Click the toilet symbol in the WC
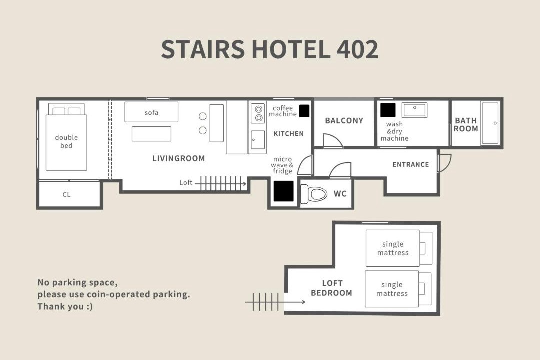[313, 194]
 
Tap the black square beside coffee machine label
[304, 111]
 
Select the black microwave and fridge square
[284, 191]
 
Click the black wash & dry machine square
[388, 110]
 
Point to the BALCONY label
[344, 121]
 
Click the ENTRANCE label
[411, 164]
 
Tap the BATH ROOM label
[466, 124]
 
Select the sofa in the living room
[151, 112]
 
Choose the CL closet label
[66, 194]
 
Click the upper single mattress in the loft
[393, 248]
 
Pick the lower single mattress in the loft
[392, 289]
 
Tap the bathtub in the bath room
[490, 123]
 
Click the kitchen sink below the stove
[258, 140]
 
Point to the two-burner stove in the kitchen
[258, 113]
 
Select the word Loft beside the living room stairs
[186, 183]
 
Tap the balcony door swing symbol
[332, 141]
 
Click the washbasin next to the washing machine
[415, 110]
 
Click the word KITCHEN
[289, 134]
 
